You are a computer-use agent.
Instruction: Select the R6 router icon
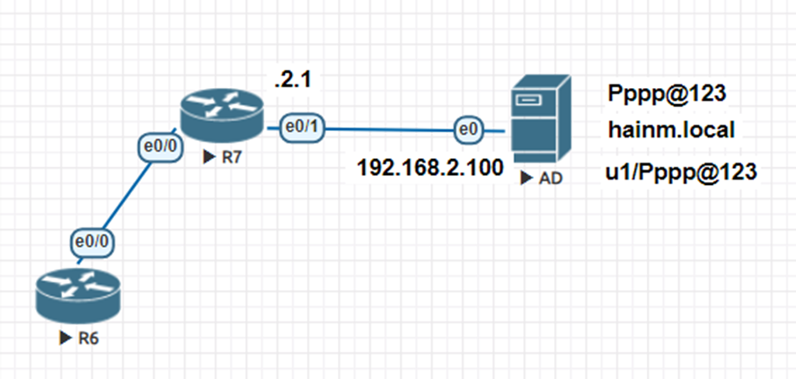[77, 296]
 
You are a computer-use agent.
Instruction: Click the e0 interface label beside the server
[468, 130]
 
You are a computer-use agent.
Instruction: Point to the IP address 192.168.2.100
[429, 167]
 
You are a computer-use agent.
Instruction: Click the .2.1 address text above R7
[292, 82]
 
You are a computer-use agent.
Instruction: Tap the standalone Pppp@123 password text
[667, 93]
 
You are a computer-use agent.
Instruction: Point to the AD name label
[551, 179]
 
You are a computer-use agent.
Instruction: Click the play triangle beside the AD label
[530, 179]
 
